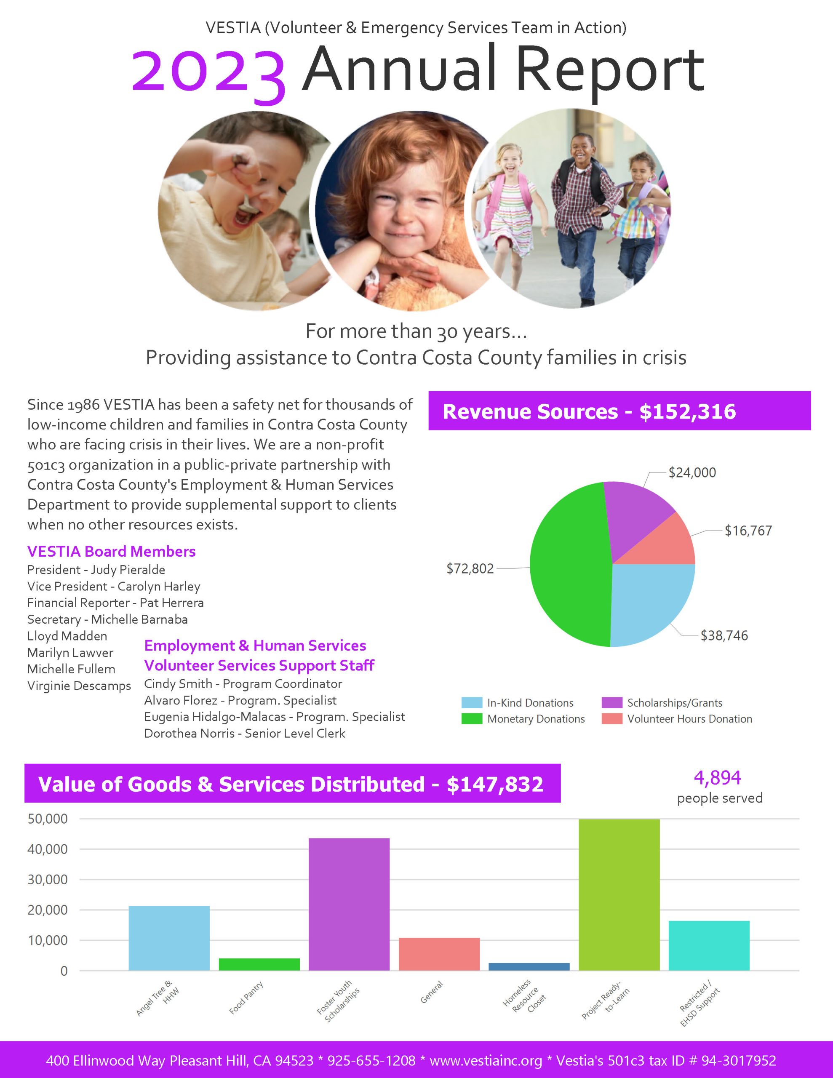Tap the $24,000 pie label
pos(692,473)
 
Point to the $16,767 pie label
pos(748,531)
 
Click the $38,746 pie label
pos(724,636)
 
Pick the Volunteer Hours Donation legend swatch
pos(612,719)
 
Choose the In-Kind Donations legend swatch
pos(472,702)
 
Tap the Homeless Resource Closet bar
pos(529,966)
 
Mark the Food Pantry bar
pos(259,964)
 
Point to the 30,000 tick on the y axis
pos(48,880)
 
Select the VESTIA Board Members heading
pos(111,551)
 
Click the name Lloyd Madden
pos(67,636)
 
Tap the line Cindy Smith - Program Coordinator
pos(243,683)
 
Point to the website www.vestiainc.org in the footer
pos(486,1060)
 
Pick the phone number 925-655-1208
pos(371,1060)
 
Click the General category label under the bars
pos(431,992)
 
